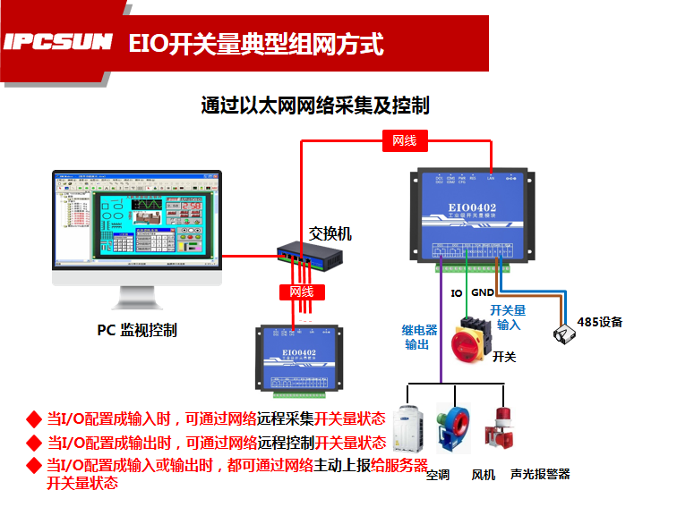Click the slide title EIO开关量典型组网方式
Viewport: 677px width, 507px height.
click(256, 43)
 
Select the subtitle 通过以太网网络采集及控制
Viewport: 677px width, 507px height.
click(315, 106)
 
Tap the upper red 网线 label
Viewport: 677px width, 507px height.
click(405, 139)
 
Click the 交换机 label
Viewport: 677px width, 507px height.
click(330, 234)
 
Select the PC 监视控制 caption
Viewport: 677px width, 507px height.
click(137, 330)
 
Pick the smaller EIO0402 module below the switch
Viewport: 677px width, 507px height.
click(297, 355)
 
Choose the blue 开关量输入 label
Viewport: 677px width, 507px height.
click(509, 317)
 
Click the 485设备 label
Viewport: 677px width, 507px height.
click(599, 322)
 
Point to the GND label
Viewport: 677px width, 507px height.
click(483, 292)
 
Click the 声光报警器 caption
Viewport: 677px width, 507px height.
click(540, 474)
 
